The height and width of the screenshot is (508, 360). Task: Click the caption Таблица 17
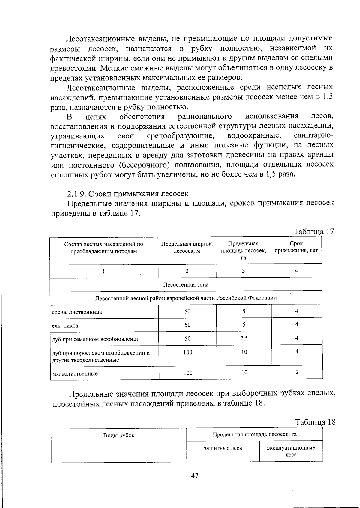[x=313, y=232]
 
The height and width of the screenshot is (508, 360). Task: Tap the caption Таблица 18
[x=315, y=422]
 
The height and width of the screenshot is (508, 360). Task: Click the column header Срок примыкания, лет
[x=296, y=247]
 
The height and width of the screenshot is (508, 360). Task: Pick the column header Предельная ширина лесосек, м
[x=187, y=247]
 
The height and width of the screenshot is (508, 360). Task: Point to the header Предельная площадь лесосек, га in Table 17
[x=243, y=251]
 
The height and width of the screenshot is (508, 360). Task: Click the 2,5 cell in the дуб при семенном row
[x=244, y=338]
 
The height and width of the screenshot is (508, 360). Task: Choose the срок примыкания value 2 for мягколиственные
[x=297, y=372]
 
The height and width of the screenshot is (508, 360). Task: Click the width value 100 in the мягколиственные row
[x=188, y=373]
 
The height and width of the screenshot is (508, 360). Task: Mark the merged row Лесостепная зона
[x=186, y=284]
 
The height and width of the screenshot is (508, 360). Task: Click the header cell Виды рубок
[x=119, y=435]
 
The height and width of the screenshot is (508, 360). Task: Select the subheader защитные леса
[x=223, y=448]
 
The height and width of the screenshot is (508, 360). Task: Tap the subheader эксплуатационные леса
[x=291, y=451]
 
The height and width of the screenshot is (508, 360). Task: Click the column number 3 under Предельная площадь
[x=243, y=271]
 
